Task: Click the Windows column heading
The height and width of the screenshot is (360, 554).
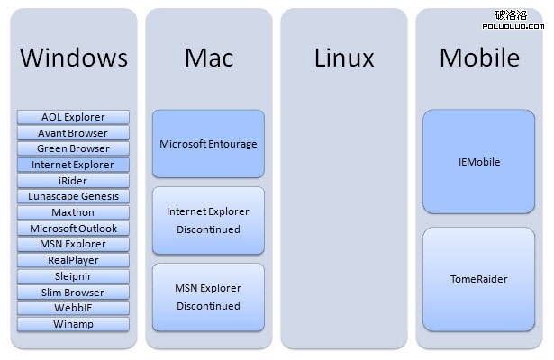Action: click(74, 58)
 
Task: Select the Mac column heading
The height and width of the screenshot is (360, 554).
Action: click(209, 58)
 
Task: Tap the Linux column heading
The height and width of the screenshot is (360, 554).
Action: click(344, 58)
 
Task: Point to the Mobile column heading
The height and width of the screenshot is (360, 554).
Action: click(479, 58)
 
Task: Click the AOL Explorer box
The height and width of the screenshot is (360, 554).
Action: click(73, 117)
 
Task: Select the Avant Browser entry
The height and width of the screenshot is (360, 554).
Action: click(73, 133)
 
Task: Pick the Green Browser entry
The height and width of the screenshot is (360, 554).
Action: click(73, 148)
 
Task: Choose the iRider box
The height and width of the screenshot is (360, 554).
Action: click(73, 181)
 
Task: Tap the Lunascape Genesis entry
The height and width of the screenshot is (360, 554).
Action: click(73, 196)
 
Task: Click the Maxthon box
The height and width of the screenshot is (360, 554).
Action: click(73, 212)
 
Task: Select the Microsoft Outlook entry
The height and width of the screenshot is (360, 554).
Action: click(73, 229)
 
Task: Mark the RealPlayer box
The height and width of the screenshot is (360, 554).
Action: click(73, 260)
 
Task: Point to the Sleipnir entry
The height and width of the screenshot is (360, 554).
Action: click(73, 276)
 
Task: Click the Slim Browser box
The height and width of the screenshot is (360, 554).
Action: click(73, 292)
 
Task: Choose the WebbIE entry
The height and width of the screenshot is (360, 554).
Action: click(73, 308)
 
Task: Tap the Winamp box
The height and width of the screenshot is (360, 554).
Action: click(73, 324)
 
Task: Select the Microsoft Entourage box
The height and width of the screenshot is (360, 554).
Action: click(208, 144)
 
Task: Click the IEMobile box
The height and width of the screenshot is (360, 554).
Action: click(478, 162)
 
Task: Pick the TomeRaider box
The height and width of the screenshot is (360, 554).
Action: click(478, 279)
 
